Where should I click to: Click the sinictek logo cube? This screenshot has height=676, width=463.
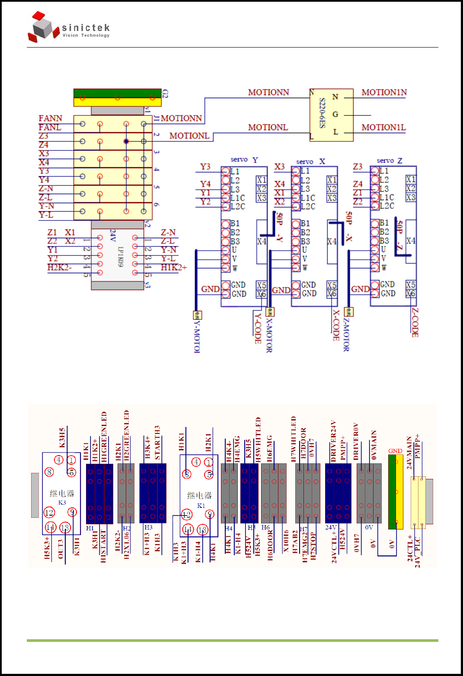(x=43, y=27)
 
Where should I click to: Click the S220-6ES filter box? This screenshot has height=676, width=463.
(x=332, y=115)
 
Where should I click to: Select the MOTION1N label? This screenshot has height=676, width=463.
(x=384, y=92)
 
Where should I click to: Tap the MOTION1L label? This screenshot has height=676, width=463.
(x=383, y=128)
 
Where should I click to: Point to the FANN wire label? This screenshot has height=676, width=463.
(x=50, y=118)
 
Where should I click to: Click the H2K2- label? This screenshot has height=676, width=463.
(x=59, y=267)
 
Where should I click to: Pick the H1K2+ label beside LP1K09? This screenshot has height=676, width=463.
(x=174, y=268)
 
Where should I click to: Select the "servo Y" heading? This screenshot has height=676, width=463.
(x=244, y=160)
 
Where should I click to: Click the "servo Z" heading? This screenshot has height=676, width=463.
(x=389, y=161)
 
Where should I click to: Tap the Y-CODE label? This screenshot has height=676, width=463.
(x=258, y=328)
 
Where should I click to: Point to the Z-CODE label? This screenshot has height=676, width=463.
(x=415, y=322)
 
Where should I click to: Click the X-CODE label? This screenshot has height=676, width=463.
(x=336, y=325)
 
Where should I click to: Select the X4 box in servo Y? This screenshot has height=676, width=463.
(x=262, y=241)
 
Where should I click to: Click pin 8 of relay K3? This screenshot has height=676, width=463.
(x=50, y=472)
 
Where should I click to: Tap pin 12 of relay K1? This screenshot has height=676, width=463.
(x=186, y=515)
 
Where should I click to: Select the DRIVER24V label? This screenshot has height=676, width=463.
(x=333, y=441)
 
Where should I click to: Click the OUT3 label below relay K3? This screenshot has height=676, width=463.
(x=61, y=549)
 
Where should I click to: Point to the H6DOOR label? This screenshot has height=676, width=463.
(x=270, y=545)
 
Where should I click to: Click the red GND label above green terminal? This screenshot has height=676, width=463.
(x=395, y=451)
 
